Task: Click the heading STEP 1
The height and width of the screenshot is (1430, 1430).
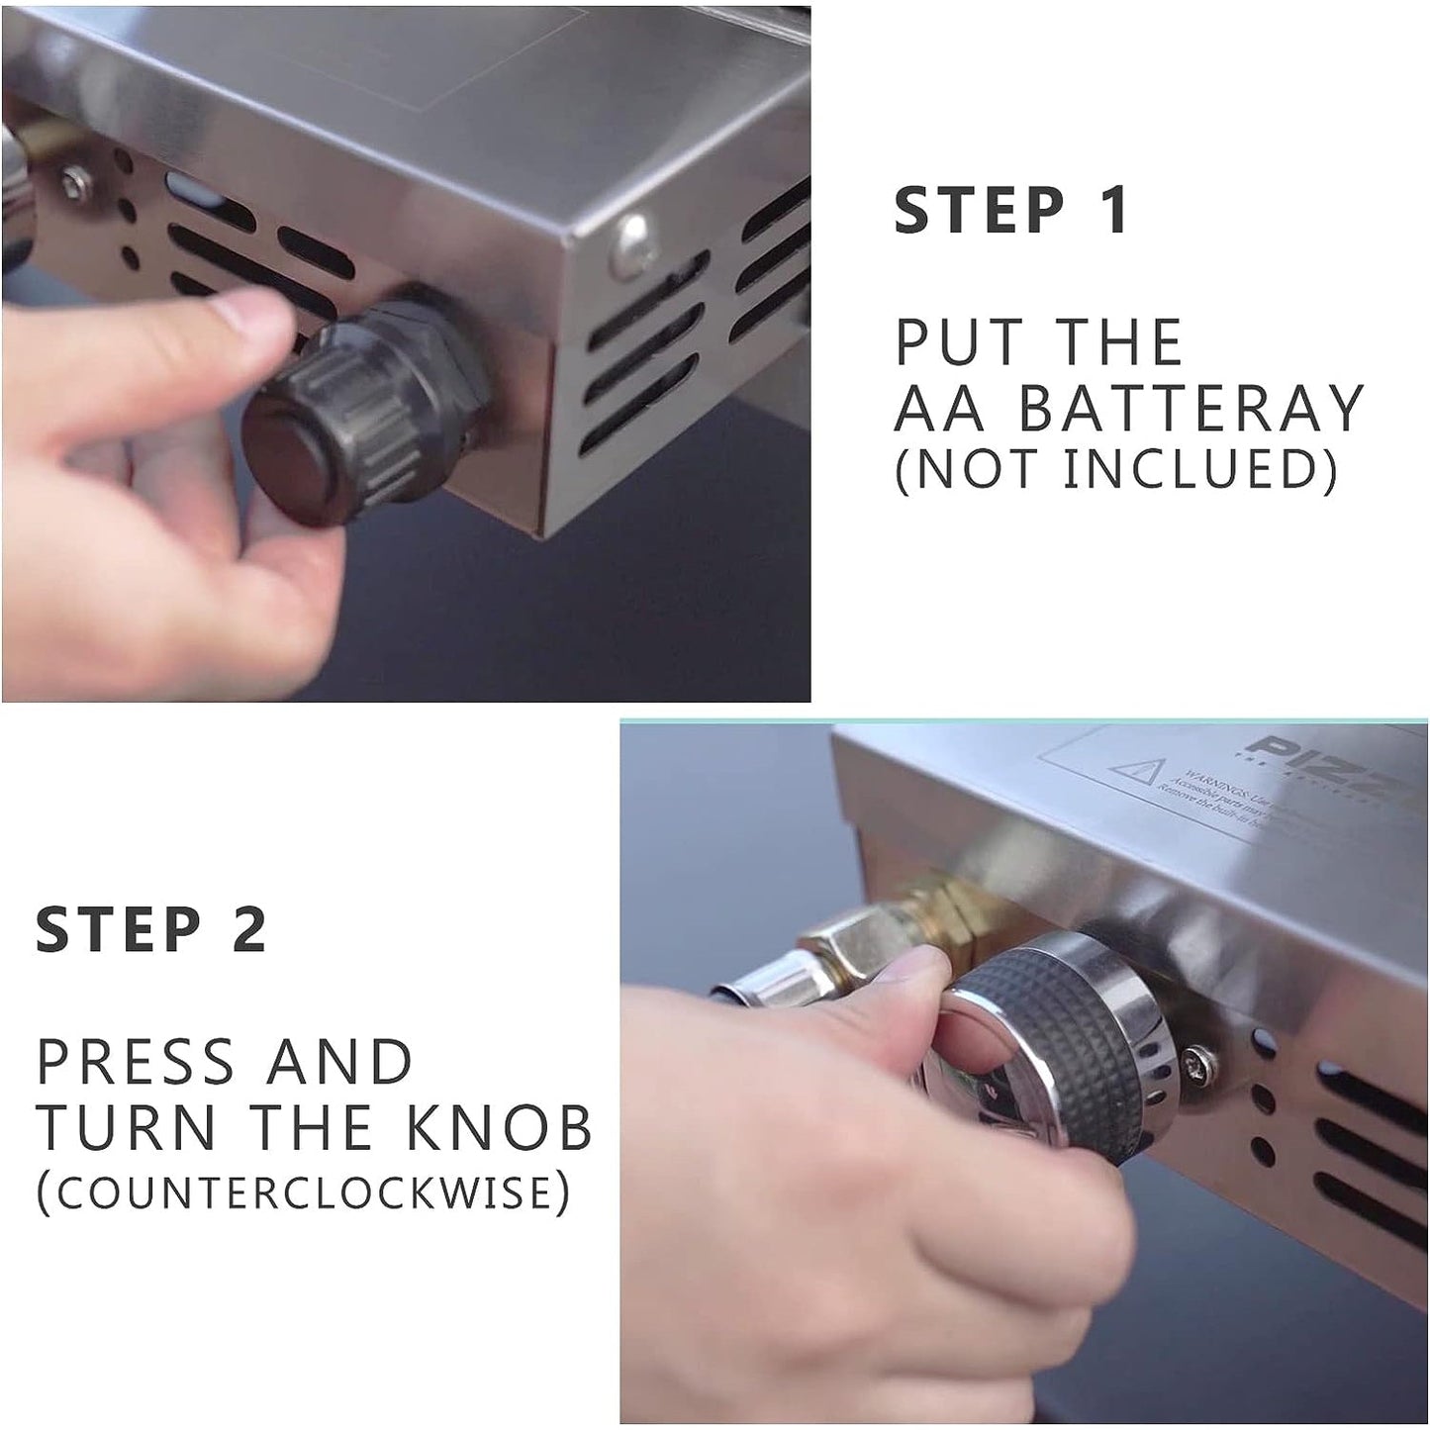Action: click(1010, 211)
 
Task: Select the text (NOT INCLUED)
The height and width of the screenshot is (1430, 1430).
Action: click(1115, 469)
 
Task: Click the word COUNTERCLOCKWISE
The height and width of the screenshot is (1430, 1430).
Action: click(304, 1192)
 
